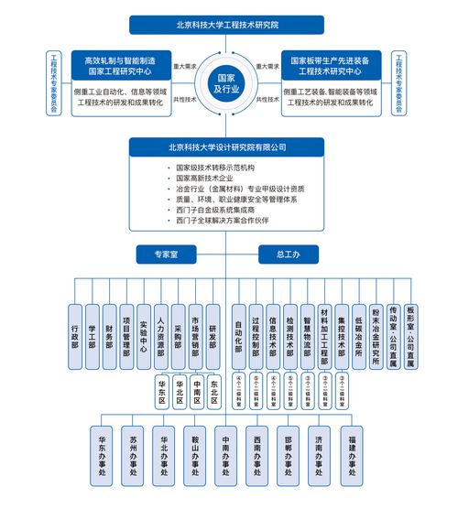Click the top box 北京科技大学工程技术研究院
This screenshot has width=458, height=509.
click(228, 25)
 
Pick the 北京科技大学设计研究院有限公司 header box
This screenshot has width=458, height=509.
click(228, 146)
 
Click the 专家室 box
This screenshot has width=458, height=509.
click(166, 252)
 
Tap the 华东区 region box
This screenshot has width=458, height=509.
click(161, 391)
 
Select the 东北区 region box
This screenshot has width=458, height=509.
click(214, 391)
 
